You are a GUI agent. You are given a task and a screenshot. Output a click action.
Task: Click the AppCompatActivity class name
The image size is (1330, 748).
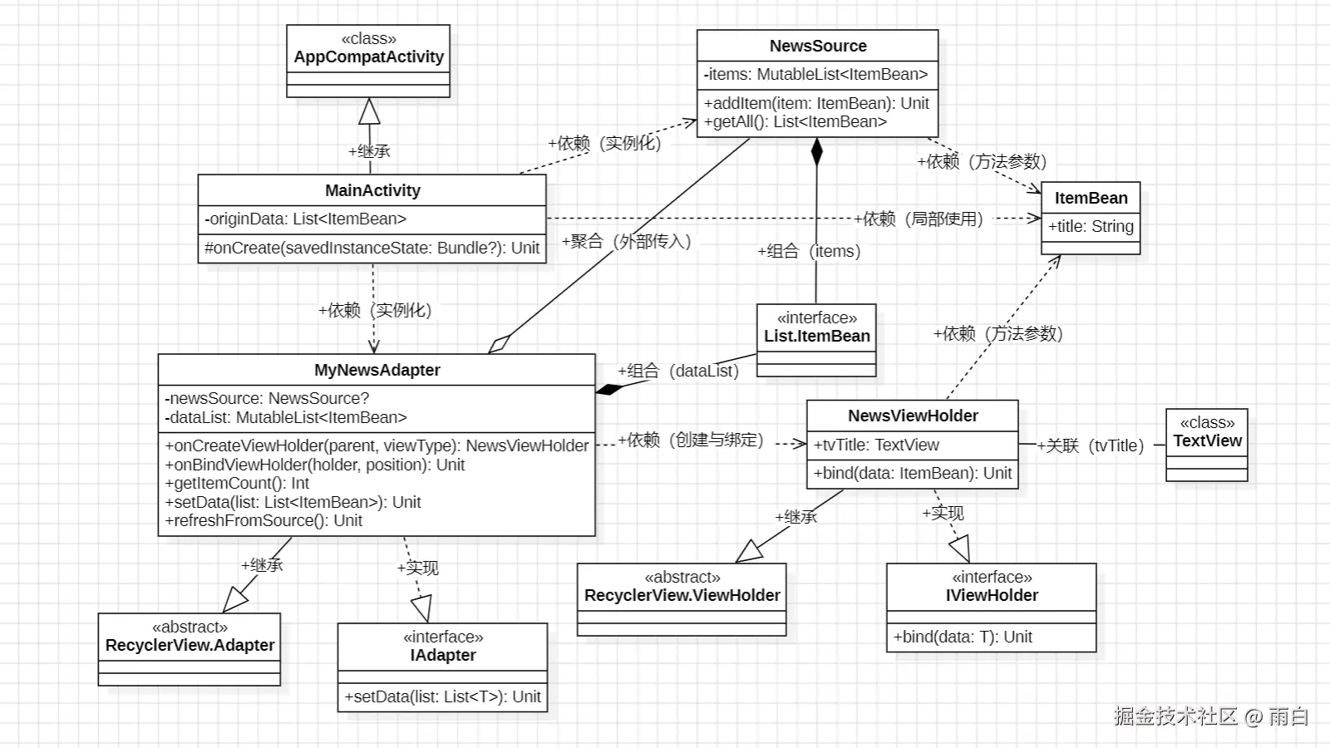369,57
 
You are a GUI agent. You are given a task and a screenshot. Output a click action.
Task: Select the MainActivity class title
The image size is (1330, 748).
372,190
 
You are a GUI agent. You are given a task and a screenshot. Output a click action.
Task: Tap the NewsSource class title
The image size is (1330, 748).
818,46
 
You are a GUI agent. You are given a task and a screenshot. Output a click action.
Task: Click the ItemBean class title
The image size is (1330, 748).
1091,198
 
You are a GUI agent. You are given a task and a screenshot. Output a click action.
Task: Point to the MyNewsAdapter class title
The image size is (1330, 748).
377,370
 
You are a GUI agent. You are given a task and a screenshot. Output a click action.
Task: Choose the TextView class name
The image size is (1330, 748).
1207,441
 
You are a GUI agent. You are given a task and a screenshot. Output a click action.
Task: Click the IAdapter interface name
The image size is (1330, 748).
443,656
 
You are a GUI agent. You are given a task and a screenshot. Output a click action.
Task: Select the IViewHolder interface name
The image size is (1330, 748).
992,595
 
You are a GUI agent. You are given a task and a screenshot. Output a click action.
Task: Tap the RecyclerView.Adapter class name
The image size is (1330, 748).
190,645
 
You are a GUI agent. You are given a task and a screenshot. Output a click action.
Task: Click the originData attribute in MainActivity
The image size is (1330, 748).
305,219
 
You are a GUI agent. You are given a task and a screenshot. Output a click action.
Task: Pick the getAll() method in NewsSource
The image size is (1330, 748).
795,121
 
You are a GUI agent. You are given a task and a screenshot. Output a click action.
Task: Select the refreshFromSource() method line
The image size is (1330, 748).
264,520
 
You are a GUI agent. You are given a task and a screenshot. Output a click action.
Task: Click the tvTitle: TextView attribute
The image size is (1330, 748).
876,445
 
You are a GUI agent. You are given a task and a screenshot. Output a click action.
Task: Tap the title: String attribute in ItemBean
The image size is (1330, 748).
1091,226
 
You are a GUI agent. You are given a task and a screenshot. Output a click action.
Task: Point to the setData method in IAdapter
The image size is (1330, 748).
442,696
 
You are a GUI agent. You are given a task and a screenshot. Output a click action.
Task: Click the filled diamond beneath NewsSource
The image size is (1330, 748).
817,151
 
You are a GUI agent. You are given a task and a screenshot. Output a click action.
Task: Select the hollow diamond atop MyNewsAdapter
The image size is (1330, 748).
500,344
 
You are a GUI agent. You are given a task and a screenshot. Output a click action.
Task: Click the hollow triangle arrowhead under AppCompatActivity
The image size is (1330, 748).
369,111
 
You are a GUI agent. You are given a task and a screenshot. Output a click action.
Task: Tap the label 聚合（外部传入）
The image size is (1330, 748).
627,242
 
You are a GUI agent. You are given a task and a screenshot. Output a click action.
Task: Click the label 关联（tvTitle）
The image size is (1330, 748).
1091,445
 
